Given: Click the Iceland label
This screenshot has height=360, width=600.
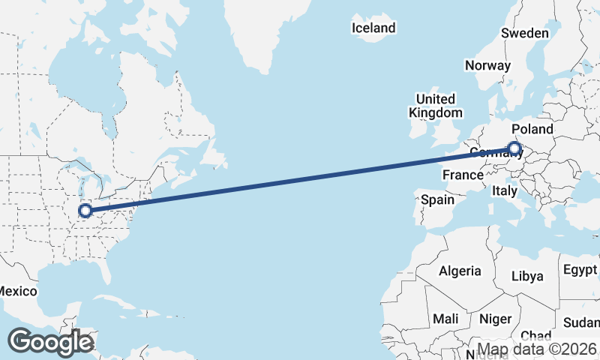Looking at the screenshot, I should [373, 28].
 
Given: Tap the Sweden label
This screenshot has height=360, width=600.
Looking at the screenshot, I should [525, 33].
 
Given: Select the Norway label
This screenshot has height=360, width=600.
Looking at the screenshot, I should [487, 65].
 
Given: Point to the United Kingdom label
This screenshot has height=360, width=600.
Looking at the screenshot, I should [435, 106].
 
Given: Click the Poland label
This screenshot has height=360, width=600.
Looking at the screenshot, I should [532, 129].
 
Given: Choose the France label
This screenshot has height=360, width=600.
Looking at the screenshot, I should [463, 175].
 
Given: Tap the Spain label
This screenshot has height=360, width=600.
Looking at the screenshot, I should [437, 199].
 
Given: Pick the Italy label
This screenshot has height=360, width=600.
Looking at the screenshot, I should [505, 191].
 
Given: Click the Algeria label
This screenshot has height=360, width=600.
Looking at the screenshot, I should [460, 271].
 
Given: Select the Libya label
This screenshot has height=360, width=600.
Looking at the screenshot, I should [526, 276].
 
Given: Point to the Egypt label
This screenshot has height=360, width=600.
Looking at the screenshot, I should [580, 269].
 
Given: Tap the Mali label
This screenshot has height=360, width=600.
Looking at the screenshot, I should [445, 319].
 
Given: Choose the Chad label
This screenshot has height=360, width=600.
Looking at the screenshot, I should [535, 335].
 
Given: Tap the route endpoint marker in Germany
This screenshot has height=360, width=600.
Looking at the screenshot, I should [514, 148].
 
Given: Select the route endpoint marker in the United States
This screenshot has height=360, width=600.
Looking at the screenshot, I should [85, 211].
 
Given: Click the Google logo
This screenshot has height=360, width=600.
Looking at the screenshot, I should [50, 342].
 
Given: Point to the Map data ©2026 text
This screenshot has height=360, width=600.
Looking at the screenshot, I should [536, 349].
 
